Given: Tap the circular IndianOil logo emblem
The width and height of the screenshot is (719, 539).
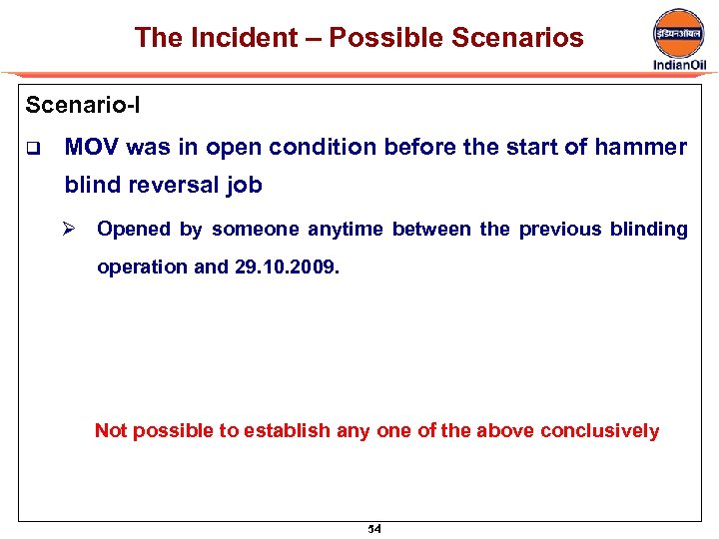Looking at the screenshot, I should (x=679, y=32).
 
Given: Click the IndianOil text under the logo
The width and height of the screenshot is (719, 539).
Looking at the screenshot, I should (x=679, y=65).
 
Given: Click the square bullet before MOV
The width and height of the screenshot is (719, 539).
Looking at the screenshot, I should (x=32, y=149).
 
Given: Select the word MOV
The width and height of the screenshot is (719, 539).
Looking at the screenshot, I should (x=93, y=148).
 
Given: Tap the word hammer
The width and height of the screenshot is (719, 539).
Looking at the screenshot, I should (x=640, y=148).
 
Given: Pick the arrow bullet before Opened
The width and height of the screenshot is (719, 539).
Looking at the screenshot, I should (x=71, y=229).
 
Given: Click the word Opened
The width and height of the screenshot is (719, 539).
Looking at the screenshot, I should (x=134, y=229).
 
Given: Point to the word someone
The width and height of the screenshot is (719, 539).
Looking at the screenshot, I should (x=255, y=229).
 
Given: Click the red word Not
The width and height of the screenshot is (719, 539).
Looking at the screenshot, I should (x=111, y=431).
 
